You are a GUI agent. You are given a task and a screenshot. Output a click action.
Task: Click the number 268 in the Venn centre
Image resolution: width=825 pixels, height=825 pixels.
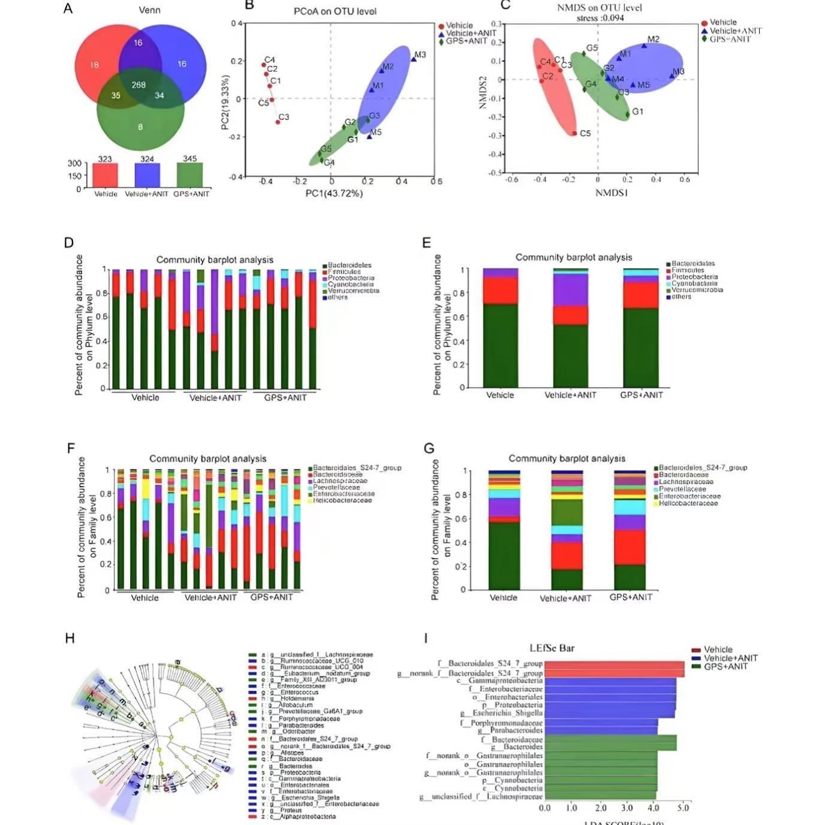(139, 85)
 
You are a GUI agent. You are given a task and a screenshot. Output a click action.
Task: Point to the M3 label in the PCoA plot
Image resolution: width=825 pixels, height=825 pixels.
(421, 55)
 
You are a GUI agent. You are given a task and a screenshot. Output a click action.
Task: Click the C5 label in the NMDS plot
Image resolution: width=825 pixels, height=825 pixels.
(585, 133)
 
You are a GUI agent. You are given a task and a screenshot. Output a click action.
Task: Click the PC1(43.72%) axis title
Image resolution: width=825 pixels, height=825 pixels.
(334, 193)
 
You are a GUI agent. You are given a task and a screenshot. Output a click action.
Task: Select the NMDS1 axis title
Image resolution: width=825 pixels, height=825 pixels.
(612, 193)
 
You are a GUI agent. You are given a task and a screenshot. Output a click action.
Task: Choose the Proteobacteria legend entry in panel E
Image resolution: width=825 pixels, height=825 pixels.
(694, 277)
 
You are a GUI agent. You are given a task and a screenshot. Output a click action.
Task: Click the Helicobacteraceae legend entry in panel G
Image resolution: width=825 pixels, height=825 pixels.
(688, 503)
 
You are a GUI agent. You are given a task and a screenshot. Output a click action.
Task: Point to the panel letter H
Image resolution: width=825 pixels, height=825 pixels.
(70, 638)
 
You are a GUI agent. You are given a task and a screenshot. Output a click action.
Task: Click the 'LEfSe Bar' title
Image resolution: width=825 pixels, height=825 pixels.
(552, 648)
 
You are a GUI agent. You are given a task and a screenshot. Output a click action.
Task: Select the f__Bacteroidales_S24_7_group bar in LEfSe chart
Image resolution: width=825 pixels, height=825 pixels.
(614, 664)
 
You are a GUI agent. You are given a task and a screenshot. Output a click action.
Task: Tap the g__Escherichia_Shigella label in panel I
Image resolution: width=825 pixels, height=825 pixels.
(501, 714)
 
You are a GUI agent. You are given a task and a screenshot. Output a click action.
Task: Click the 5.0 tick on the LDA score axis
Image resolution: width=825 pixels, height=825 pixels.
(683, 808)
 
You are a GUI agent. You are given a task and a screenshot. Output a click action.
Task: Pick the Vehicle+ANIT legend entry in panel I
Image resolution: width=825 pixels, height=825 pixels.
(730, 658)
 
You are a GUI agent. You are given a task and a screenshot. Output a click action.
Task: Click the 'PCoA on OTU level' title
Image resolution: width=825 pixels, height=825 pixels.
(335, 11)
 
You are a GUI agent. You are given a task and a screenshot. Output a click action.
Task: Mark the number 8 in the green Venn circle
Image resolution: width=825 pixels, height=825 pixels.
(140, 127)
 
